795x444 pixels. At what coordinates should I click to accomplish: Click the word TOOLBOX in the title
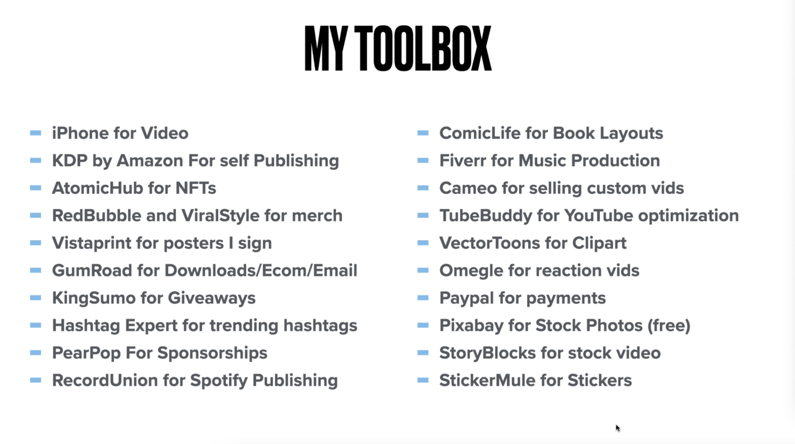point(423,48)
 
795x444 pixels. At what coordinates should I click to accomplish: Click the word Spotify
point(219,381)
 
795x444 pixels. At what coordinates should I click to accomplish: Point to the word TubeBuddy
point(486,216)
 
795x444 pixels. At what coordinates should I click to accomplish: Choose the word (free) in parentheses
point(669,326)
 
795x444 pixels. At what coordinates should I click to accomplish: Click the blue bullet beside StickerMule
point(423,380)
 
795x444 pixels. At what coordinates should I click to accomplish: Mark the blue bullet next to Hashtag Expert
point(35,325)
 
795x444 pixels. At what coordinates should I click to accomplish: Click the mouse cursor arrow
point(618,428)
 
